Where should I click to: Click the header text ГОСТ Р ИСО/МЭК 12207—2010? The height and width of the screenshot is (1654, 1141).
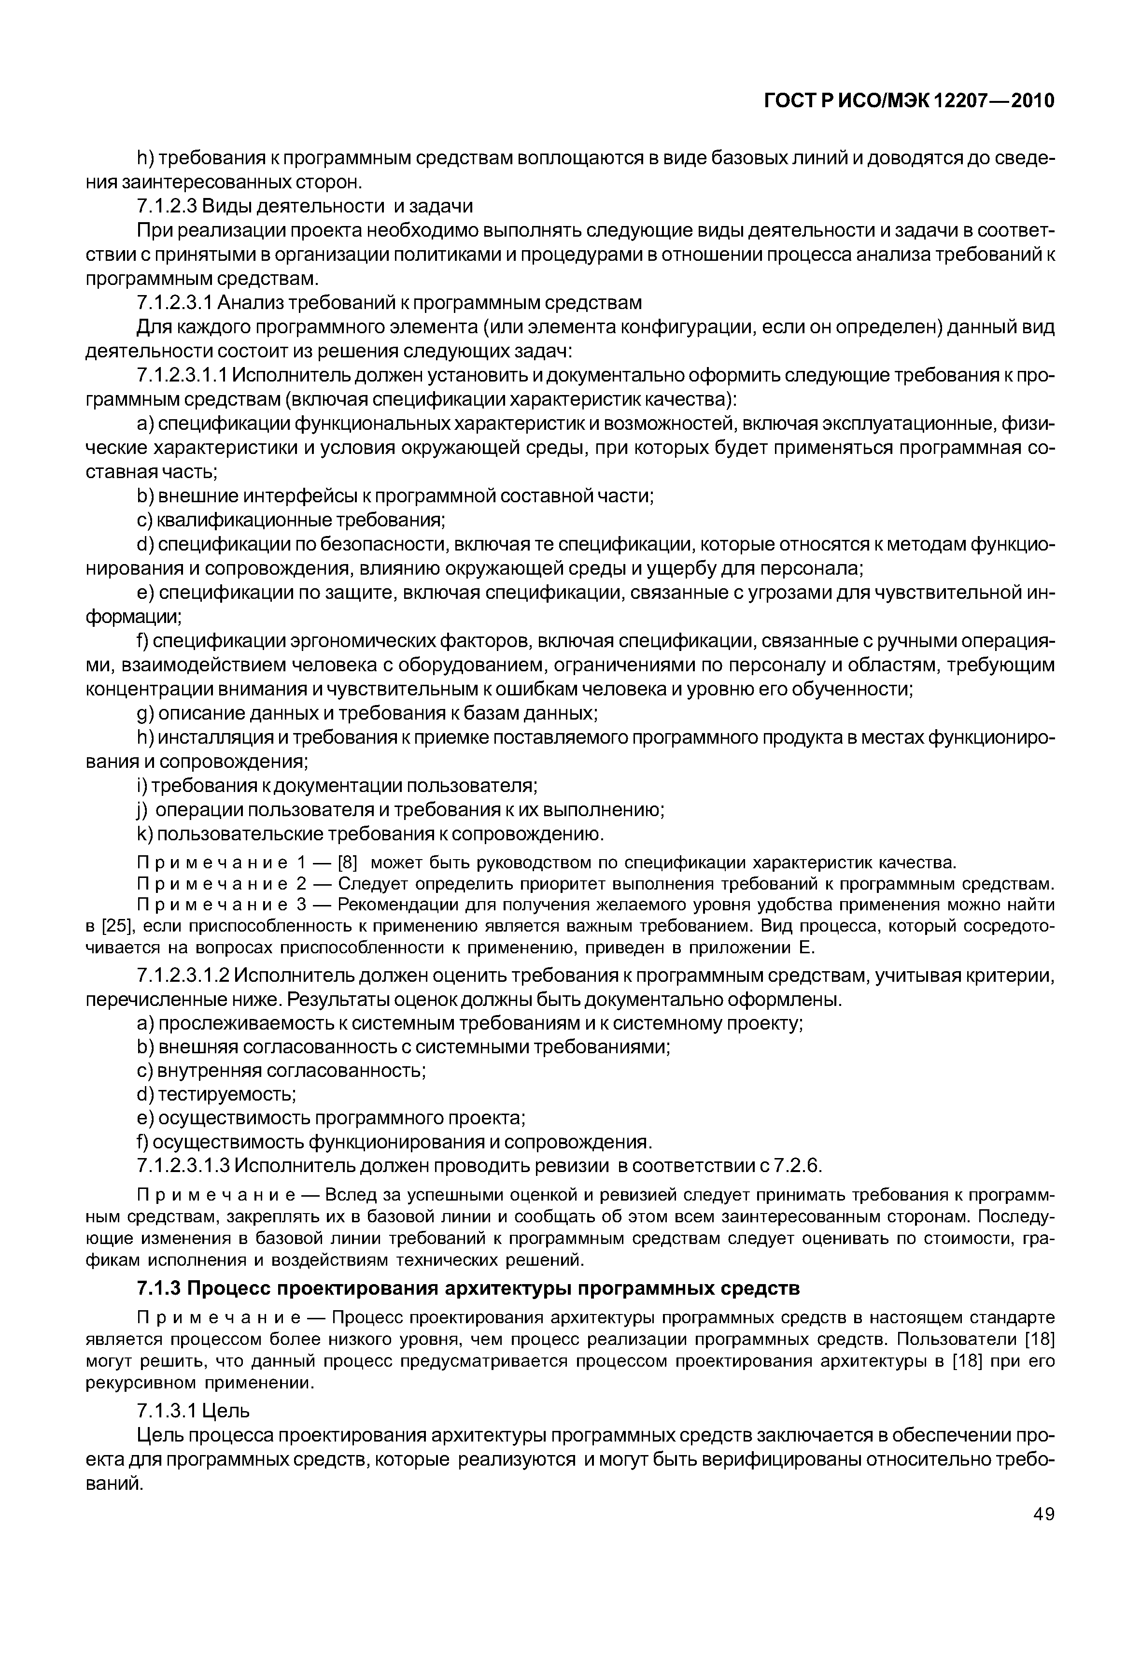pyautogui.click(x=909, y=101)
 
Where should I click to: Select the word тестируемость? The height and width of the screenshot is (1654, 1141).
pyautogui.click(x=227, y=1095)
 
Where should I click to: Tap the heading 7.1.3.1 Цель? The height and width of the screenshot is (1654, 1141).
pyautogui.click(x=193, y=1411)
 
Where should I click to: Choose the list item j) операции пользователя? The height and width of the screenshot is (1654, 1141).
pyautogui.click(x=400, y=810)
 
